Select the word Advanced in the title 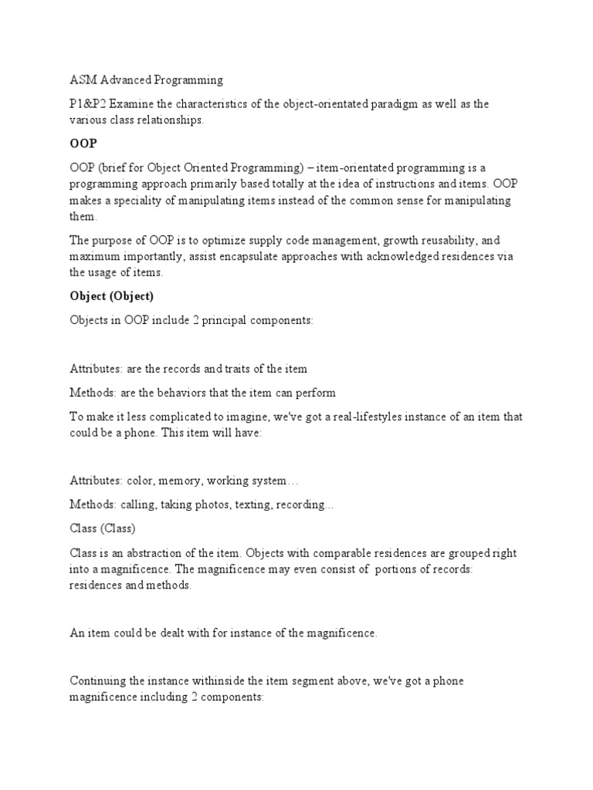pos(125,79)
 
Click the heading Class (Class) pos(103,529)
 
